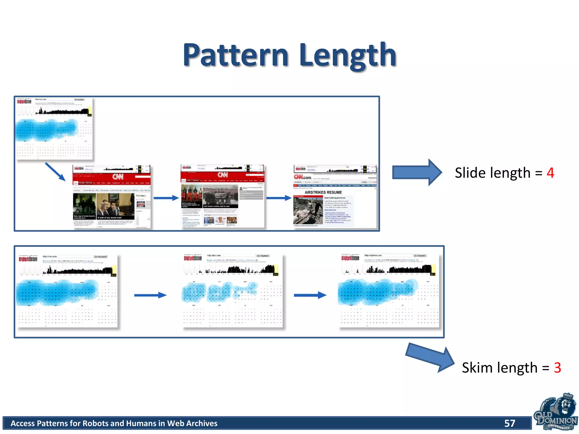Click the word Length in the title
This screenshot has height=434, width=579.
click(x=348, y=55)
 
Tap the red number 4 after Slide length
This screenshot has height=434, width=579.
click(x=550, y=173)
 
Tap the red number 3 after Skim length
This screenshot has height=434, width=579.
click(x=557, y=368)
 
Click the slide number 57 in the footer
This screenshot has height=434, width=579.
click(x=510, y=423)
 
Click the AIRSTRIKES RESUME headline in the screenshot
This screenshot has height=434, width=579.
click(x=323, y=192)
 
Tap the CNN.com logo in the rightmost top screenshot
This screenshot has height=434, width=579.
click(x=303, y=177)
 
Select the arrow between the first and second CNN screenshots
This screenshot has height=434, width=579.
click(x=166, y=198)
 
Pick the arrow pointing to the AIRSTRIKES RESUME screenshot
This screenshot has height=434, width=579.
click(x=279, y=198)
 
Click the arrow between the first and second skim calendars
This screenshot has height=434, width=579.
click(x=150, y=295)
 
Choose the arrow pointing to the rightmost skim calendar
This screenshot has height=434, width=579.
click(x=310, y=295)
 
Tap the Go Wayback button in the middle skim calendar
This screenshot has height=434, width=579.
click(x=263, y=256)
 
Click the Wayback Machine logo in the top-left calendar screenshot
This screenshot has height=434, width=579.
click(x=24, y=101)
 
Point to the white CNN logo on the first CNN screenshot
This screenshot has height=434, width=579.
click(x=118, y=177)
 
